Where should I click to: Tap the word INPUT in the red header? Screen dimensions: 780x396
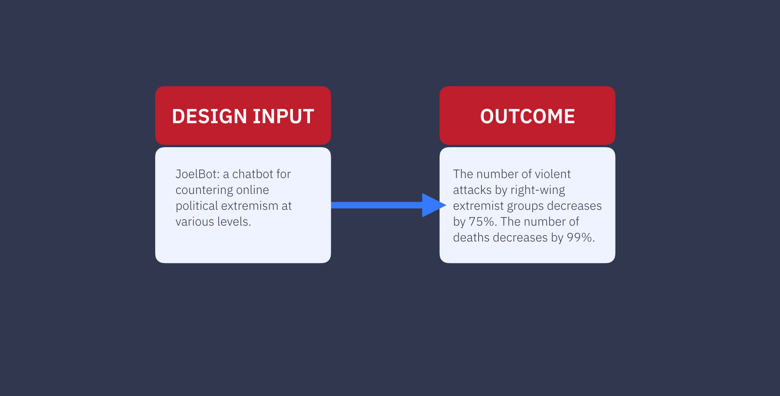(x=284, y=117)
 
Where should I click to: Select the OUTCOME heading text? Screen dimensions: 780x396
(x=527, y=117)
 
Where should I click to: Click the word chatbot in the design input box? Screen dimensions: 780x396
(x=253, y=174)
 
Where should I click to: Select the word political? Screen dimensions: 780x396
(x=197, y=206)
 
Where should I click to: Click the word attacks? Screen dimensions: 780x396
(x=472, y=190)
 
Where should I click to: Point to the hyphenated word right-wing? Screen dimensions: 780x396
(x=538, y=190)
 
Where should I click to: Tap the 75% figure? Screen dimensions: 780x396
(x=483, y=222)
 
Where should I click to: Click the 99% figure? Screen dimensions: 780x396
(x=581, y=237)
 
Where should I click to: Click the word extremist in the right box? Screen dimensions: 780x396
(x=478, y=206)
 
